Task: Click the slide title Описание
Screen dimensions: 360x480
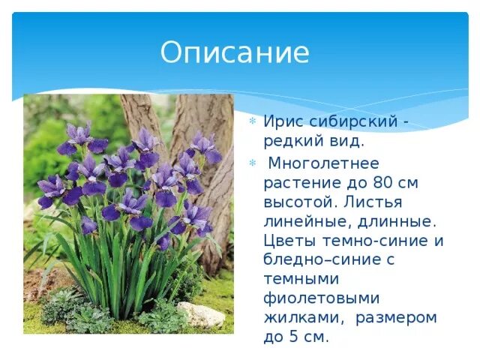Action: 235,53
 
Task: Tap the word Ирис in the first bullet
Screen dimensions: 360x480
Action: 283,123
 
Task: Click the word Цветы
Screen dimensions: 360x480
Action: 289,241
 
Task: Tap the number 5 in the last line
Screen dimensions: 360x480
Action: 295,337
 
